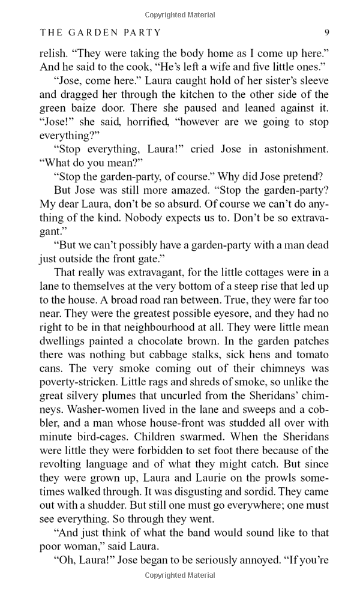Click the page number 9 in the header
(326, 32)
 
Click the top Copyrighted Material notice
(179, 13)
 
